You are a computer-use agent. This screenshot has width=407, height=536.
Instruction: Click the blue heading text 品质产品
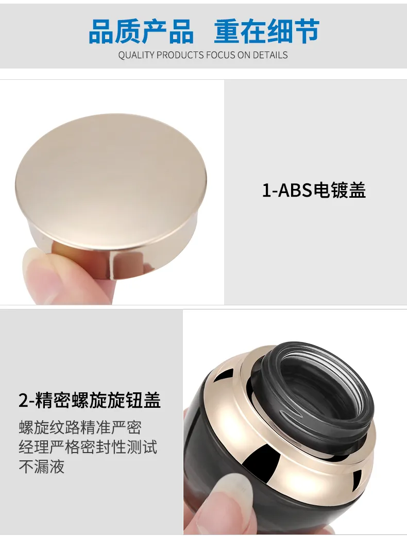point(141,31)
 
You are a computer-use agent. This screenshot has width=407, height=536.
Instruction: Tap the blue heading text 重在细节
point(267,31)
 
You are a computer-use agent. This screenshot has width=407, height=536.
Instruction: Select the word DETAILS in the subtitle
point(270,55)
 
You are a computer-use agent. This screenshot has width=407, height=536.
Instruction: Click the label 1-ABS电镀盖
point(314,191)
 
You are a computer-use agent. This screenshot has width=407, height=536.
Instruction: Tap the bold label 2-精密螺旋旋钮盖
point(90,400)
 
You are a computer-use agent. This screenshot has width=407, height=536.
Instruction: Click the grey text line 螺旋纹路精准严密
point(80,428)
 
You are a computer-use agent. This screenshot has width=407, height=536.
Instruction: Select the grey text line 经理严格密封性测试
point(88,447)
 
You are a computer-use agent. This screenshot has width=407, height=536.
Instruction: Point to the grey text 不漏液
point(42,466)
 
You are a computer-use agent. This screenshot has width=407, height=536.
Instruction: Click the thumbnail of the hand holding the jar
point(236,496)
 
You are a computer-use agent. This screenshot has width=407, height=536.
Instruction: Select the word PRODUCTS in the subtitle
point(180,55)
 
